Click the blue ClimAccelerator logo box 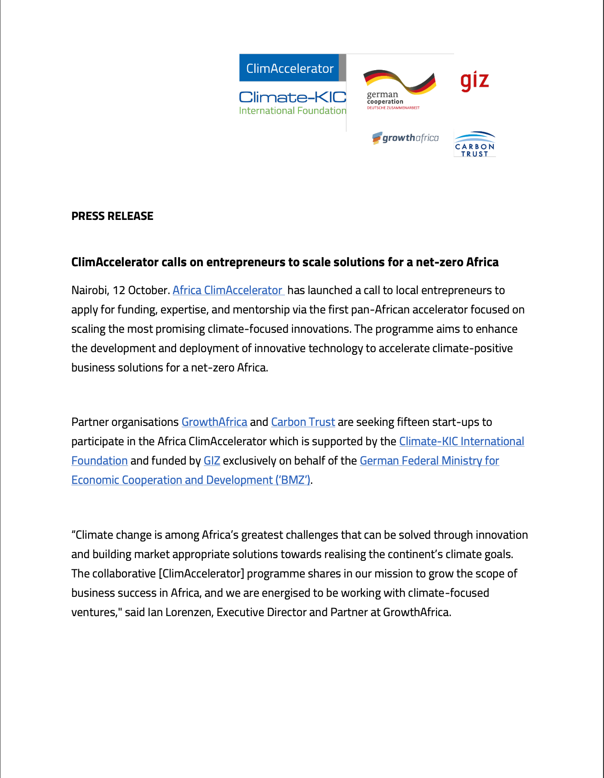pyautogui.click(x=289, y=68)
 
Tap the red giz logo pyautogui.click(x=474, y=81)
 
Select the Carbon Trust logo pyautogui.click(x=474, y=144)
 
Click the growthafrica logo pyautogui.click(x=405, y=138)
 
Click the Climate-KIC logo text pyautogui.click(x=293, y=97)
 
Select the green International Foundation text pyautogui.click(x=293, y=111)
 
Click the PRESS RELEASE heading pyautogui.click(x=112, y=216)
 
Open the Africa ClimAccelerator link pyautogui.click(x=227, y=291)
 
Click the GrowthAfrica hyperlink pyautogui.click(x=214, y=422)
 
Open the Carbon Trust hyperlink pyautogui.click(x=303, y=422)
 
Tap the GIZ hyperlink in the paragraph pyautogui.click(x=212, y=461)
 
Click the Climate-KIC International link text pyautogui.click(x=461, y=442)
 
